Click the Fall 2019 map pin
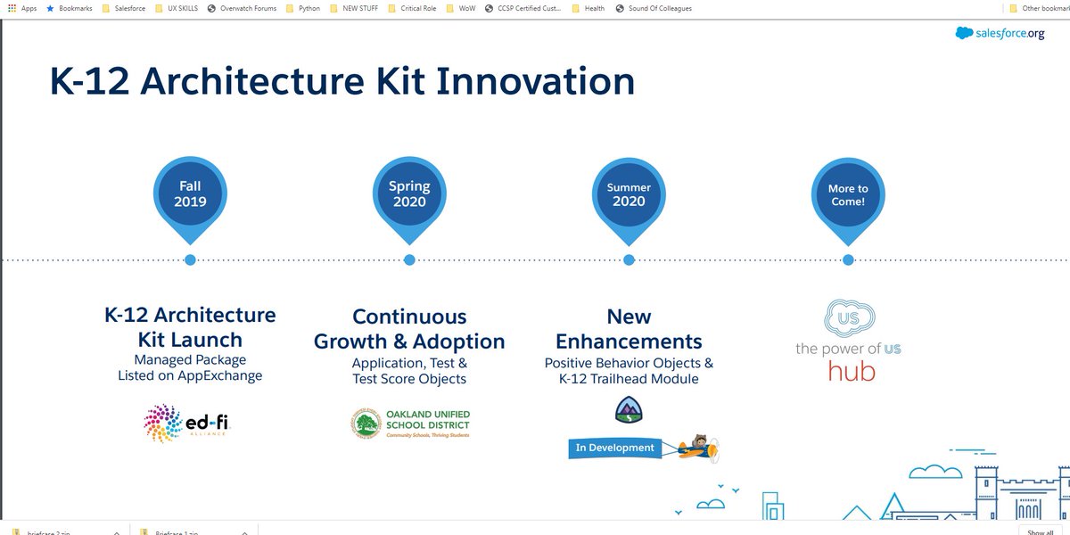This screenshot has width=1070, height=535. (190, 194)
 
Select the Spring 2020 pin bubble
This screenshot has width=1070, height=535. (409, 194)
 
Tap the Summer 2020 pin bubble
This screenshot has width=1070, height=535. (629, 194)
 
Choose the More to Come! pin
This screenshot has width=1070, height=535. (848, 194)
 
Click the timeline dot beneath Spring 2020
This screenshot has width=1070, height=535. (409, 259)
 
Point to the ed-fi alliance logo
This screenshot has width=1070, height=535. (190, 423)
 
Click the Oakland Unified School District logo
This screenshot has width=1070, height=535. (409, 424)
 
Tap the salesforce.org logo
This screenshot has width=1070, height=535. (1000, 33)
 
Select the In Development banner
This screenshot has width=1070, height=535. (614, 448)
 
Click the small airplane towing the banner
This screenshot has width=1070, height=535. (696, 447)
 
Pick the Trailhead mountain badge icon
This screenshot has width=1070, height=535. (629, 410)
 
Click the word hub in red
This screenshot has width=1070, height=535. (852, 371)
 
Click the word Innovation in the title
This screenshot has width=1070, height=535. (535, 81)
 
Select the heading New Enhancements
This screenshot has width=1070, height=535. (629, 329)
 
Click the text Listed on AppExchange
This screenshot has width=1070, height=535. (190, 376)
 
